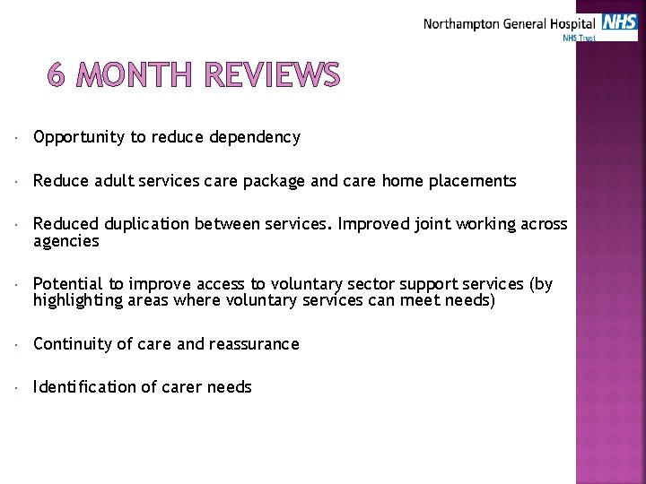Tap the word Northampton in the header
tap(460, 24)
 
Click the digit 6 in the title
tap(57, 76)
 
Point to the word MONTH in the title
tap(135, 76)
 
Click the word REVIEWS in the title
tap(272, 76)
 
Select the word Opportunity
tap(79, 137)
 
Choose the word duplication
tap(144, 224)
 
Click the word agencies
tap(65, 241)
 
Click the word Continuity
tap(70, 344)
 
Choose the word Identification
tap(81, 387)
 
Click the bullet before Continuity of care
tap(19, 345)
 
